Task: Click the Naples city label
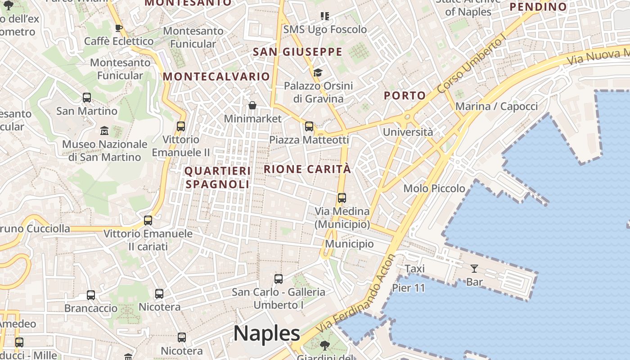point(266,333)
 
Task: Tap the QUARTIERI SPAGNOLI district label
point(217,177)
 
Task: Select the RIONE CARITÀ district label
point(307,169)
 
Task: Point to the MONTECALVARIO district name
point(216,76)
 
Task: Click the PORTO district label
point(405,95)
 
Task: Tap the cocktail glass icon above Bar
point(474,269)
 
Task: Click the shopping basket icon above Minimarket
point(252,106)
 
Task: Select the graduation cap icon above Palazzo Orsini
point(318,72)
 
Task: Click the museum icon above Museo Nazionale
point(104,131)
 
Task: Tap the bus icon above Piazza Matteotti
point(309,126)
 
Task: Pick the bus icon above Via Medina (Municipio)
point(342,198)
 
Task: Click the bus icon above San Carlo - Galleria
point(279,279)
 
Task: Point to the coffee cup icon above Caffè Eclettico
point(119,28)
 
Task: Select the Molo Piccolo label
point(434,189)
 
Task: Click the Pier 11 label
point(409,288)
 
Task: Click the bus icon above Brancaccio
point(91,295)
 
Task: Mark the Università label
point(408,132)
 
